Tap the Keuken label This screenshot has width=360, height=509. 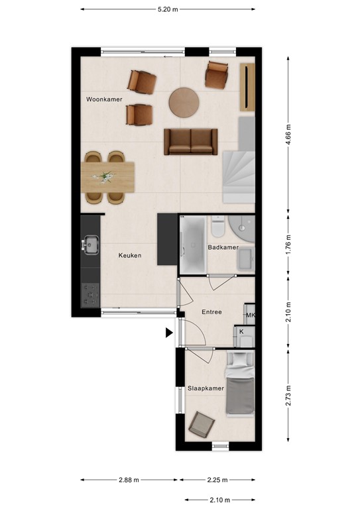click(x=130, y=255)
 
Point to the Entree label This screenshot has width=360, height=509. click(x=211, y=312)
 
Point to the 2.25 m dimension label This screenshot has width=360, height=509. click(x=216, y=481)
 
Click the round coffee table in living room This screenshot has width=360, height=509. click(x=184, y=103)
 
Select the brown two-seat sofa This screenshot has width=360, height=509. click(x=191, y=141)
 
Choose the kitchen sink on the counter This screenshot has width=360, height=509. click(x=90, y=246)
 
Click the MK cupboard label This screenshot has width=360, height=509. click(x=251, y=315)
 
